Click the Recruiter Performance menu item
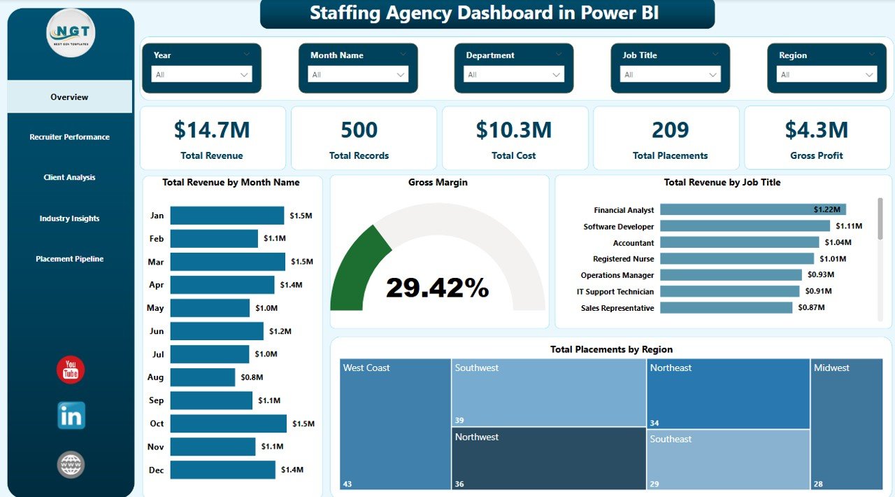point(69,137)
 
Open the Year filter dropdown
point(201,75)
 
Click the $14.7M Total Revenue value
point(212,130)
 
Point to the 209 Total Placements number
point(670,130)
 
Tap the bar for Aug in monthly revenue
point(203,377)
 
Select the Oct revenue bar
point(228,423)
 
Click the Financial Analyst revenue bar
point(752,209)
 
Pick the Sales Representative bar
point(726,308)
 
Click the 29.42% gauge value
point(437,288)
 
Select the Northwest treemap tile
point(548,458)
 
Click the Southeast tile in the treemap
point(727,458)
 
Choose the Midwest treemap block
point(847,423)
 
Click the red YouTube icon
point(71,370)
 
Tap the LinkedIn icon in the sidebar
point(71,416)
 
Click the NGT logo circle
point(71,33)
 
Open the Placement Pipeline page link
point(69,259)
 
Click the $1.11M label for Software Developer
point(849,226)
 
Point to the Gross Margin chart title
point(438,183)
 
